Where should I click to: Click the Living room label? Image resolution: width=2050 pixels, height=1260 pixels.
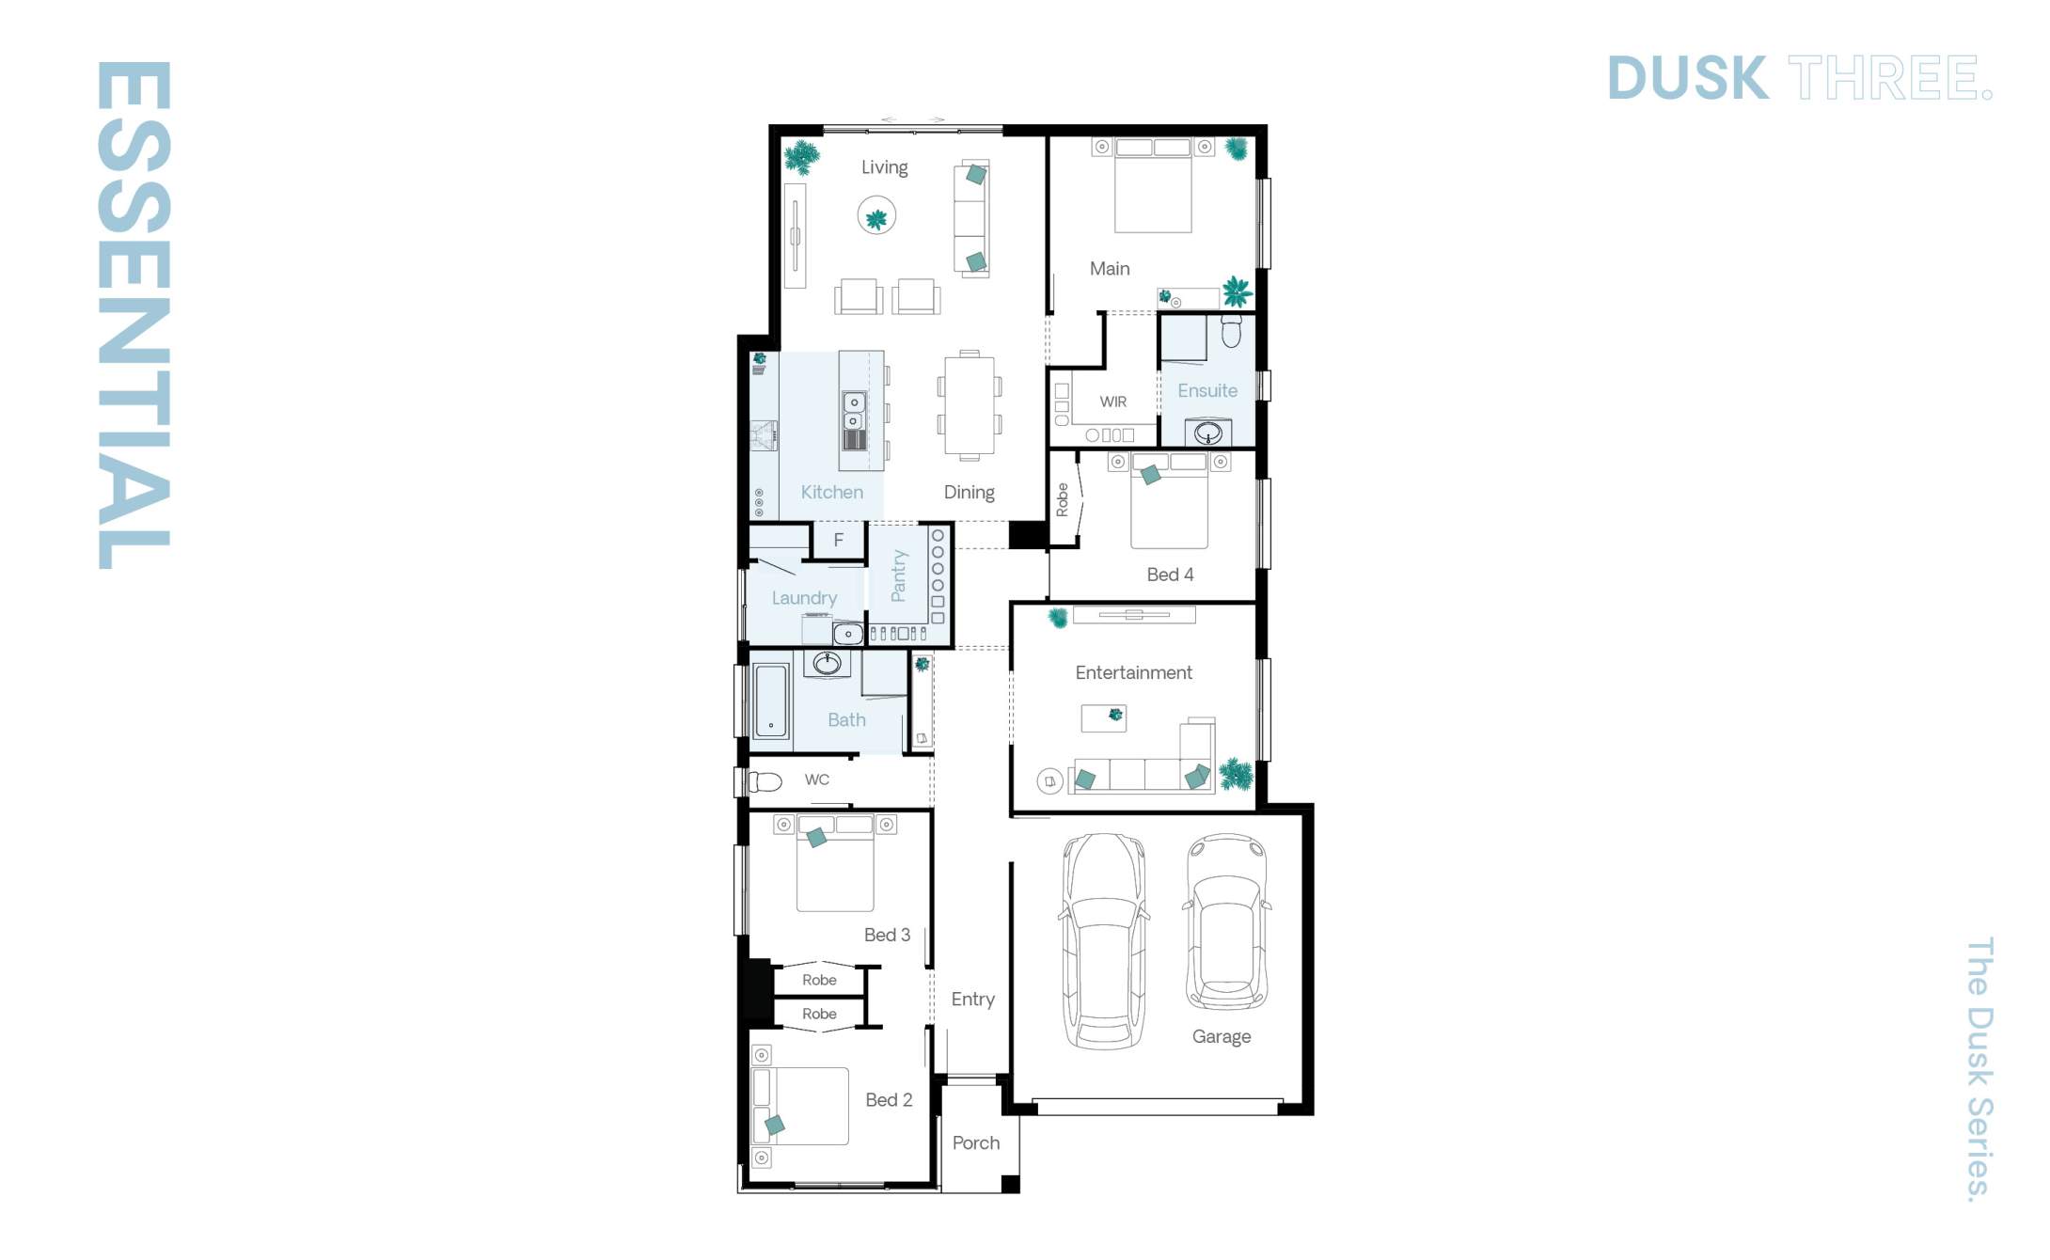(884, 167)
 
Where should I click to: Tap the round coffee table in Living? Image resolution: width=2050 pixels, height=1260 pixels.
(876, 216)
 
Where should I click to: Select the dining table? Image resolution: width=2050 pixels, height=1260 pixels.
(970, 405)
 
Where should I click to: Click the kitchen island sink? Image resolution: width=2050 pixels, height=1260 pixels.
(854, 412)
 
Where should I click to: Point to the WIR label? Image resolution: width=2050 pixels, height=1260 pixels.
(1113, 402)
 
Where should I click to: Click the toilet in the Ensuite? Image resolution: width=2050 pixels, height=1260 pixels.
(1231, 330)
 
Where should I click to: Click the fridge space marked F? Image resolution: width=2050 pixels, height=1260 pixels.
(838, 540)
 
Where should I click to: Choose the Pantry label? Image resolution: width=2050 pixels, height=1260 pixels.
(899, 575)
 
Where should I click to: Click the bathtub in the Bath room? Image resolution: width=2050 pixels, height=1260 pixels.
(771, 701)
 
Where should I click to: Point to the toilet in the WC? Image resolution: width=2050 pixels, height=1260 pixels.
(765, 781)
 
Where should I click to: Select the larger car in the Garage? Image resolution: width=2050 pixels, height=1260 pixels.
(1104, 940)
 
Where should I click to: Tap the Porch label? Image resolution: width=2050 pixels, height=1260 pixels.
(975, 1143)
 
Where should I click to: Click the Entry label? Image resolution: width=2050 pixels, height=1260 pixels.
(972, 1000)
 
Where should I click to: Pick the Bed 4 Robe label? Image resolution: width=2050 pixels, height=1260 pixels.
(1063, 499)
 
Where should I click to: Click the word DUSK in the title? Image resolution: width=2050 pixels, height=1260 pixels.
(1687, 78)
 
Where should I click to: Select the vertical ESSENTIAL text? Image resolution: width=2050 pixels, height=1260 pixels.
(134, 315)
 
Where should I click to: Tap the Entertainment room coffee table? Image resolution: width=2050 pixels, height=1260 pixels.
(1104, 718)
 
